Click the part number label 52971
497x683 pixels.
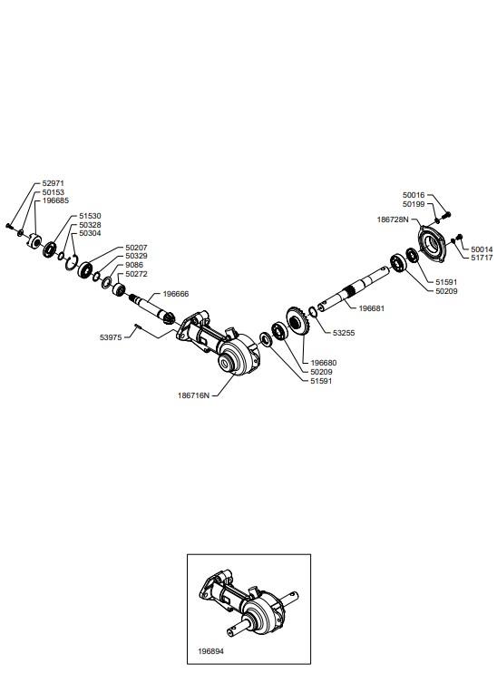[x=53, y=183]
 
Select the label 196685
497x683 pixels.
[x=55, y=200]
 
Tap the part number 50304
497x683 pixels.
[x=90, y=233]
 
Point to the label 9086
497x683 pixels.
[x=134, y=265]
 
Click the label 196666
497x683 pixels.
[x=176, y=294]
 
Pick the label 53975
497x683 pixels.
[x=111, y=337]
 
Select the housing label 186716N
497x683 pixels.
[x=193, y=395]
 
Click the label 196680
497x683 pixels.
[x=323, y=363]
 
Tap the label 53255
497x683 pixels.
[x=344, y=333]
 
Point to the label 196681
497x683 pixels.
[x=372, y=308]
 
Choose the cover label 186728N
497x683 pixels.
[x=393, y=220]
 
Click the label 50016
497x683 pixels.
[x=414, y=195]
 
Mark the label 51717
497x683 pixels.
[x=482, y=258]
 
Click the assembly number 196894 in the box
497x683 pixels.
[x=210, y=651]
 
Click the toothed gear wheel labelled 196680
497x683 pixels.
[x=297, y=321]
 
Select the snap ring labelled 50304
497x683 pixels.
[x=72, y=262]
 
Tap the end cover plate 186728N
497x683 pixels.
[x=432, y=244]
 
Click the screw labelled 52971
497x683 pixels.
[x=9, y=226]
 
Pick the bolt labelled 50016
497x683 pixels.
[x=446, y=215]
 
